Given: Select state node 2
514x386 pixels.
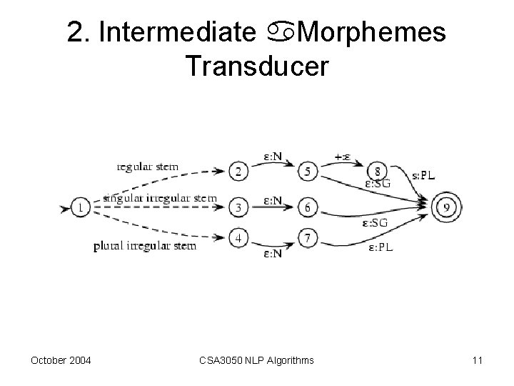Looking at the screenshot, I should [x=240, y=172].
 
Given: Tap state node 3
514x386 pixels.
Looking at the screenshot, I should [x=240, y=208].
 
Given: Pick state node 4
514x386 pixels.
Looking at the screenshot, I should [x=240, y=237].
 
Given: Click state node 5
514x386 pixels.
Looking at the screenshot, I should [x=308, y=172].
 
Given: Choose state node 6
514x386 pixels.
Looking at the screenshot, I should [x=308, y=208].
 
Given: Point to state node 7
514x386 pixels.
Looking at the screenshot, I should [x=308, y=237].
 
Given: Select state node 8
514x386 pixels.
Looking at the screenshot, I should [x=378, y=172].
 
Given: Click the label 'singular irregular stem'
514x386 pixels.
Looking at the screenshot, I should [x=159, y=197].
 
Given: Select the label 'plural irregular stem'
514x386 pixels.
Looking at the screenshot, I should [x=144, y=247].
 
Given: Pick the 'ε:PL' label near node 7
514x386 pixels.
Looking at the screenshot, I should [x=381, y=247].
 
